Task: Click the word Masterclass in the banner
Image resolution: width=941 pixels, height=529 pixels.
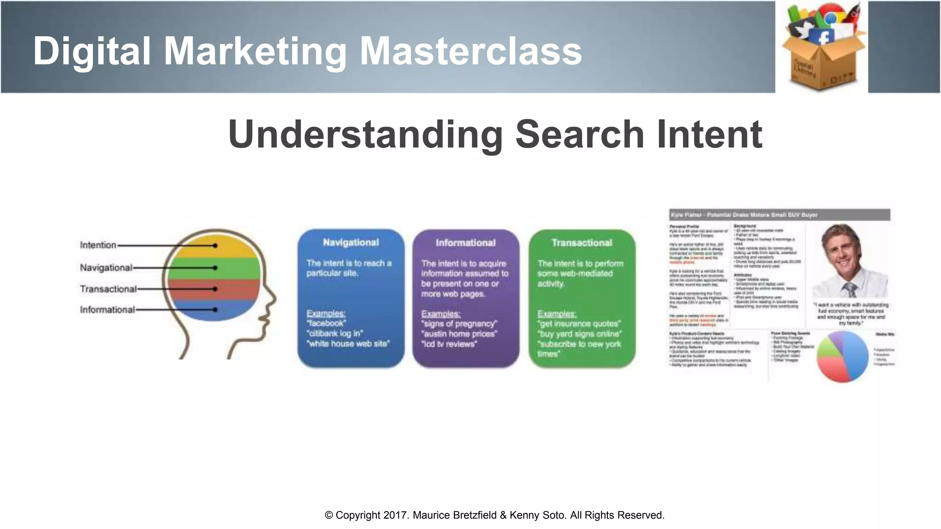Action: [x=470, y=51]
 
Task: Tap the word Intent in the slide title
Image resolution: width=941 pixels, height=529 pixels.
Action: [x=709, y=134]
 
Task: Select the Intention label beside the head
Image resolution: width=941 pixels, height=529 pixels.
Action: [x=98, y=245]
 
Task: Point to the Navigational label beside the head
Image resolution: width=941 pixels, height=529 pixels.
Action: [x=106, y=268]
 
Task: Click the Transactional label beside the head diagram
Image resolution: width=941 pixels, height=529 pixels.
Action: [x=108, y=289]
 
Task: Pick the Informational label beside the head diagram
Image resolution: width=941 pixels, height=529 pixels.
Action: [x=107, y=310]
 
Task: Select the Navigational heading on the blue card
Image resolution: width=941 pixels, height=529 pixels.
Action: [x=351, y=242]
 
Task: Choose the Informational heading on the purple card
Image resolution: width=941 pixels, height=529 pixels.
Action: [x=465, y=243]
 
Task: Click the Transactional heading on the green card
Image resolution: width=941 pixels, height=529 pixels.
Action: [x=582, y=243]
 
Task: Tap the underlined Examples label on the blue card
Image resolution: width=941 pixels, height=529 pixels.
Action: [x=326, y=313]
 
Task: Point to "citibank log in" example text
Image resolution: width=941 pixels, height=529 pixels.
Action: [x=335, y=333]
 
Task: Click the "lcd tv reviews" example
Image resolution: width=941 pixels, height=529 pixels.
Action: [x=449, y=344]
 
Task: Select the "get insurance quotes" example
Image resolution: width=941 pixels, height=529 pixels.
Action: [x=579, y=324]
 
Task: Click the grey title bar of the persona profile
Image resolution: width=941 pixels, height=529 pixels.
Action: [x=779, y=215]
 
